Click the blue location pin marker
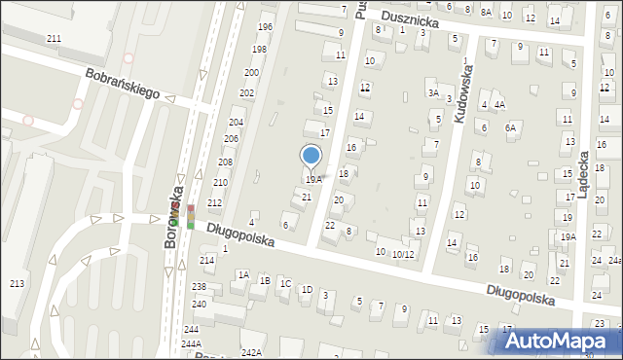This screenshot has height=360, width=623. pyautogui.click(x=311, y=156)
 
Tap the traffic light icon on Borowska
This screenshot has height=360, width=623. pyautogui.click(x=191, y=217)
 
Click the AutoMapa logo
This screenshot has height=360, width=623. pyautogui.click(x=556, y=342)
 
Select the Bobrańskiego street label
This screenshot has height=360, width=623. pyautogui.click(x=121, y=86)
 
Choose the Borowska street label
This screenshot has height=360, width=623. pyautogui.click(x=172, y=217)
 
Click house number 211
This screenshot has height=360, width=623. pyautogui.click(x=54, y=38)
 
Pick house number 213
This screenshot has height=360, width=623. pyautogui.click(x=16, y=283)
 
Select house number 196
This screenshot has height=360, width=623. pyautogui.click(x=264, y=26)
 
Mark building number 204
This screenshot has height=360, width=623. pyautogui.click(x=236, y=122)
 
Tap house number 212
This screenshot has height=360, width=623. pyautogui.click(x=214, y=202)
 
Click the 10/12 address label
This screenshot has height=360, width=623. pyautogui.click(x=403, y=254)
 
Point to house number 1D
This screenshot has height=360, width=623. pyautogui.click(x=307, y=289)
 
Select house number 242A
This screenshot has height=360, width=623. pyautogui.click(x=251, y=352)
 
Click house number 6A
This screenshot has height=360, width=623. pyautogui.click(x=509, y=127)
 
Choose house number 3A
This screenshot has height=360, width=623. pyautogui.click(x=432, y=92)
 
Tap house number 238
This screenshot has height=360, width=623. pyautogui.click(x=199, y=286)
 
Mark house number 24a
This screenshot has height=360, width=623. pyautogui.click(x=614, y=261)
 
